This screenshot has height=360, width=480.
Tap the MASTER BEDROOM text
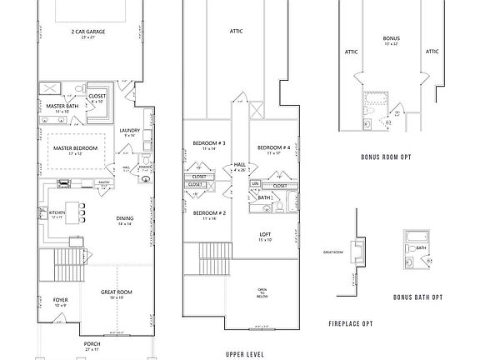[x=76, y=148]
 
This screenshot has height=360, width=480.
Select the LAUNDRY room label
[x=129, y=130]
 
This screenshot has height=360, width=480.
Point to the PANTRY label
[x=105, y=182]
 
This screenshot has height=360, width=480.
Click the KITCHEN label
[x=57, y=213]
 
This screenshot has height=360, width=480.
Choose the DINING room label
[x=125, y=219]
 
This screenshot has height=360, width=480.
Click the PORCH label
[x=92, y=342]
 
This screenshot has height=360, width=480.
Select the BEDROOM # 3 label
[x=204, y=143]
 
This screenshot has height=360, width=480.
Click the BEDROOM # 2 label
[x=205, y=213]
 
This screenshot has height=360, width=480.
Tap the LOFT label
[x=265, y=234]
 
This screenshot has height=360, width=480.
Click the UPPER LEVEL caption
[x=246, y=353]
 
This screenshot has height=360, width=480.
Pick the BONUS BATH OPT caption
[x=417, y=297]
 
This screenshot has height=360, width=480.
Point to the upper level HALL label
[x=240, y=165]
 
